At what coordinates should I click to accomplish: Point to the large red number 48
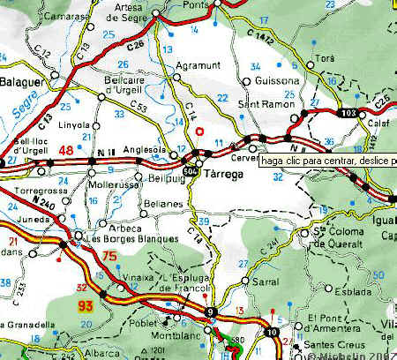[x=65, y=150]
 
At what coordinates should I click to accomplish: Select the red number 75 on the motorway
[x=109, y=257]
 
